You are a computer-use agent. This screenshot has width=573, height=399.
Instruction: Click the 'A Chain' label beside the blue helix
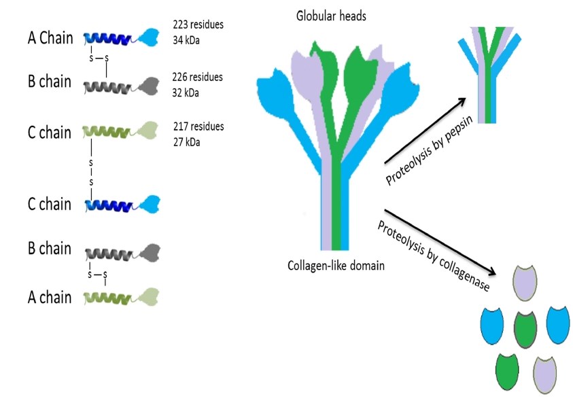click(x=46, y=39)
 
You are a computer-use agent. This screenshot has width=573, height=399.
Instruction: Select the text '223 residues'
click(x=198, y=25)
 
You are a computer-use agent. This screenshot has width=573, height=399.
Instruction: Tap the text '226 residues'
click(x=198, y=77)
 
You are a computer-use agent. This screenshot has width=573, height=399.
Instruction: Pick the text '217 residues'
click(x=198, y=126)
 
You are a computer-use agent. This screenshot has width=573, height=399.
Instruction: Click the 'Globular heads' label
click(x=331, y=15)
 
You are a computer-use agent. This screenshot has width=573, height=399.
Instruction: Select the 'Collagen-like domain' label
click(x=336, y=265)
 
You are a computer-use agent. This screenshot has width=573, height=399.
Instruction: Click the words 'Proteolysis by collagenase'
click(x=433, y=254)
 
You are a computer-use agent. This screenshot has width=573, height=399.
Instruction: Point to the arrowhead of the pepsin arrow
click(x=462, y=101)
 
